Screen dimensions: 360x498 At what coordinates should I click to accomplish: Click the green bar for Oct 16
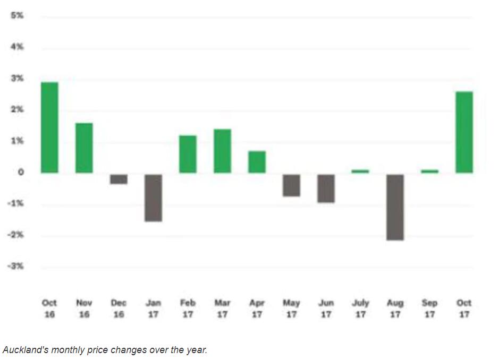point(49,127)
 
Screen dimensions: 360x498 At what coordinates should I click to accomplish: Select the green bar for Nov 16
point(84,148)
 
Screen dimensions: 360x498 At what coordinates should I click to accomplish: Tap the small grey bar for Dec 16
point(119,179)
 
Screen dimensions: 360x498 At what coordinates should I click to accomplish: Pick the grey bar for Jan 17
point(153,198)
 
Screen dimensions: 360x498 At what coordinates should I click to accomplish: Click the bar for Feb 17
point(188,154)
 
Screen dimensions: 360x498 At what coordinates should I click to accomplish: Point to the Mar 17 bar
point(222,151)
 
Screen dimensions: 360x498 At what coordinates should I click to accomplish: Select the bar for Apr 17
point(257,162)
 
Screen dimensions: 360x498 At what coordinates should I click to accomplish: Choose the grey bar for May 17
point(291,185)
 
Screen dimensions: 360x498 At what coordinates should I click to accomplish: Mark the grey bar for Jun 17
point(326,188)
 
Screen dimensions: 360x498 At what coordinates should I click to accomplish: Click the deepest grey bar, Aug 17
point(395,207)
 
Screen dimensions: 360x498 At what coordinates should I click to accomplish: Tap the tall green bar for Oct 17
point(464,132)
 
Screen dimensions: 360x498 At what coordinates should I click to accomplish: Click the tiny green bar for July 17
point(360,171)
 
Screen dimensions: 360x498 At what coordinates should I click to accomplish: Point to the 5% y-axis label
point(18,16)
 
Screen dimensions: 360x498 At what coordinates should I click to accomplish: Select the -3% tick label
point(16,266)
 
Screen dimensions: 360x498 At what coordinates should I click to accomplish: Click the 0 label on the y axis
point(20,173)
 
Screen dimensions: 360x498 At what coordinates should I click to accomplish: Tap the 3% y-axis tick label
point(18,79)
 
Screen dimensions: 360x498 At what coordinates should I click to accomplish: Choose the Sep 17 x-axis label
point(429,308)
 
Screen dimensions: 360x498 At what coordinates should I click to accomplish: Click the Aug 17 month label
point(395,308)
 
